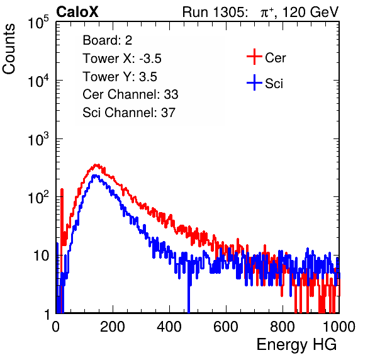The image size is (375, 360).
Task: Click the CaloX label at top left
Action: [77, 12]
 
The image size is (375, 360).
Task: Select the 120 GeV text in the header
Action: [310, 12]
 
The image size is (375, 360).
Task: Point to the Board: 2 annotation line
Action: [107, 40]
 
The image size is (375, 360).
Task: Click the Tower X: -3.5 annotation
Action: [122, 59]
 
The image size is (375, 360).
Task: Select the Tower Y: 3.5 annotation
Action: [120, 77]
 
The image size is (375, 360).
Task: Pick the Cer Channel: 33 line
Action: [130, 94]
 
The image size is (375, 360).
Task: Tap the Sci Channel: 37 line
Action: [129, 113]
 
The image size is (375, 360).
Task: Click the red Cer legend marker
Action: [254, 57]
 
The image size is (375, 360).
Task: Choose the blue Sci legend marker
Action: [254, 83]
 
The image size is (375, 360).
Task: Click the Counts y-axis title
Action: [9, 49]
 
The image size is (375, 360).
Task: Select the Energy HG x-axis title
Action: [296, 345]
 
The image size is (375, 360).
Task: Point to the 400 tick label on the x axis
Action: [169, 327]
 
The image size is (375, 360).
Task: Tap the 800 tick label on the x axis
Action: [283, 327]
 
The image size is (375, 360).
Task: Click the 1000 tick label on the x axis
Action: [339, 327]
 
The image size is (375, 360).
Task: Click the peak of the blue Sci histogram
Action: [95, 176]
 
